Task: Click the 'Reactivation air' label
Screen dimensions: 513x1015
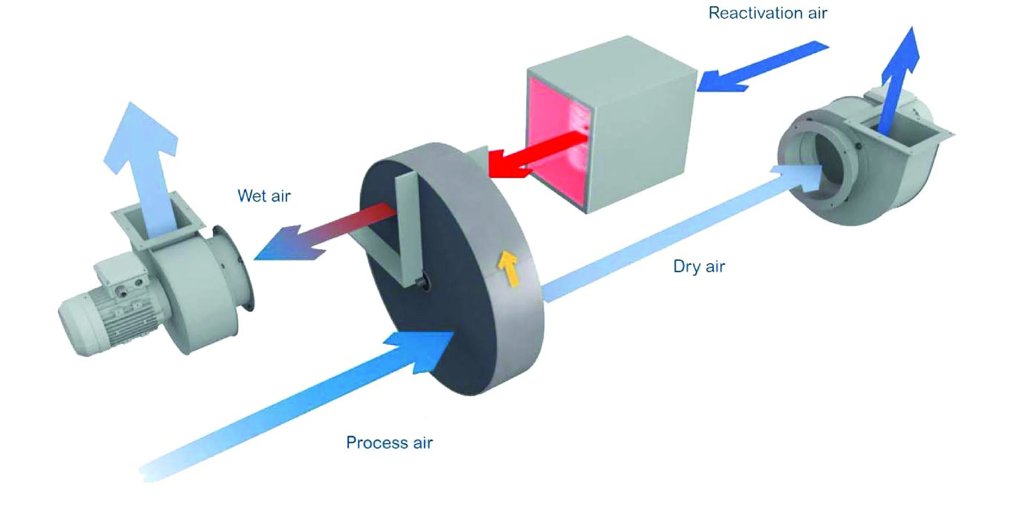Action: point(767,13)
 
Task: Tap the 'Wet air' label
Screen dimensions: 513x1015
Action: point(264,196)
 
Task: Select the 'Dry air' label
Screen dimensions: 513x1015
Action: point(699,266)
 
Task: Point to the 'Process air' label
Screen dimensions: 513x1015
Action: point(389,442)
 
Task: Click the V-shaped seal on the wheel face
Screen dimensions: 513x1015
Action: point(402,235)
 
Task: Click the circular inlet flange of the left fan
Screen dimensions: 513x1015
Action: point(235,268)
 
